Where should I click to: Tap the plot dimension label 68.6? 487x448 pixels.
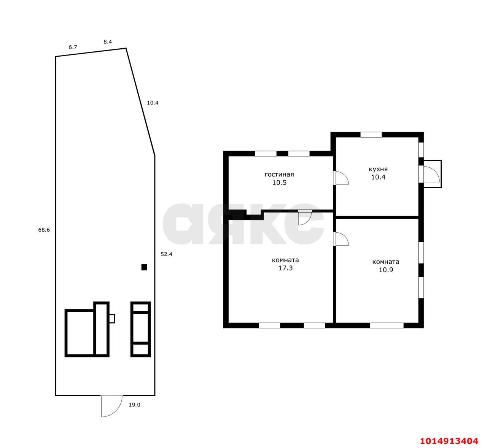[44, 230]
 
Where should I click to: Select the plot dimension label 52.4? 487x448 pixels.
[167, 254]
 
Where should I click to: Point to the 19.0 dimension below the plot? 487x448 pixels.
[134, 405]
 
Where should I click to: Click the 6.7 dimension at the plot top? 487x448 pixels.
[73, 47]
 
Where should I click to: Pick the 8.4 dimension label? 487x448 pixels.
[108, 42]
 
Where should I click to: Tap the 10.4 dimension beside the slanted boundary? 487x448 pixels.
[153, 103]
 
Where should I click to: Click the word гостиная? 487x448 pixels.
[279, 175]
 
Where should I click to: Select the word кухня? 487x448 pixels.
[378, 169]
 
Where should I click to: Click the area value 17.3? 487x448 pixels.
[285, 268]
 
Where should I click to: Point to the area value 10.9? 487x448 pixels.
[386, 270]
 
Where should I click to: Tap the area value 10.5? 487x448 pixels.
[279, 183]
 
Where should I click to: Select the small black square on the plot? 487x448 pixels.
[144, 267]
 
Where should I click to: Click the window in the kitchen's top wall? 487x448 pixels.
[371, 135]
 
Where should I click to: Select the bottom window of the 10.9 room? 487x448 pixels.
[387, 326]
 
